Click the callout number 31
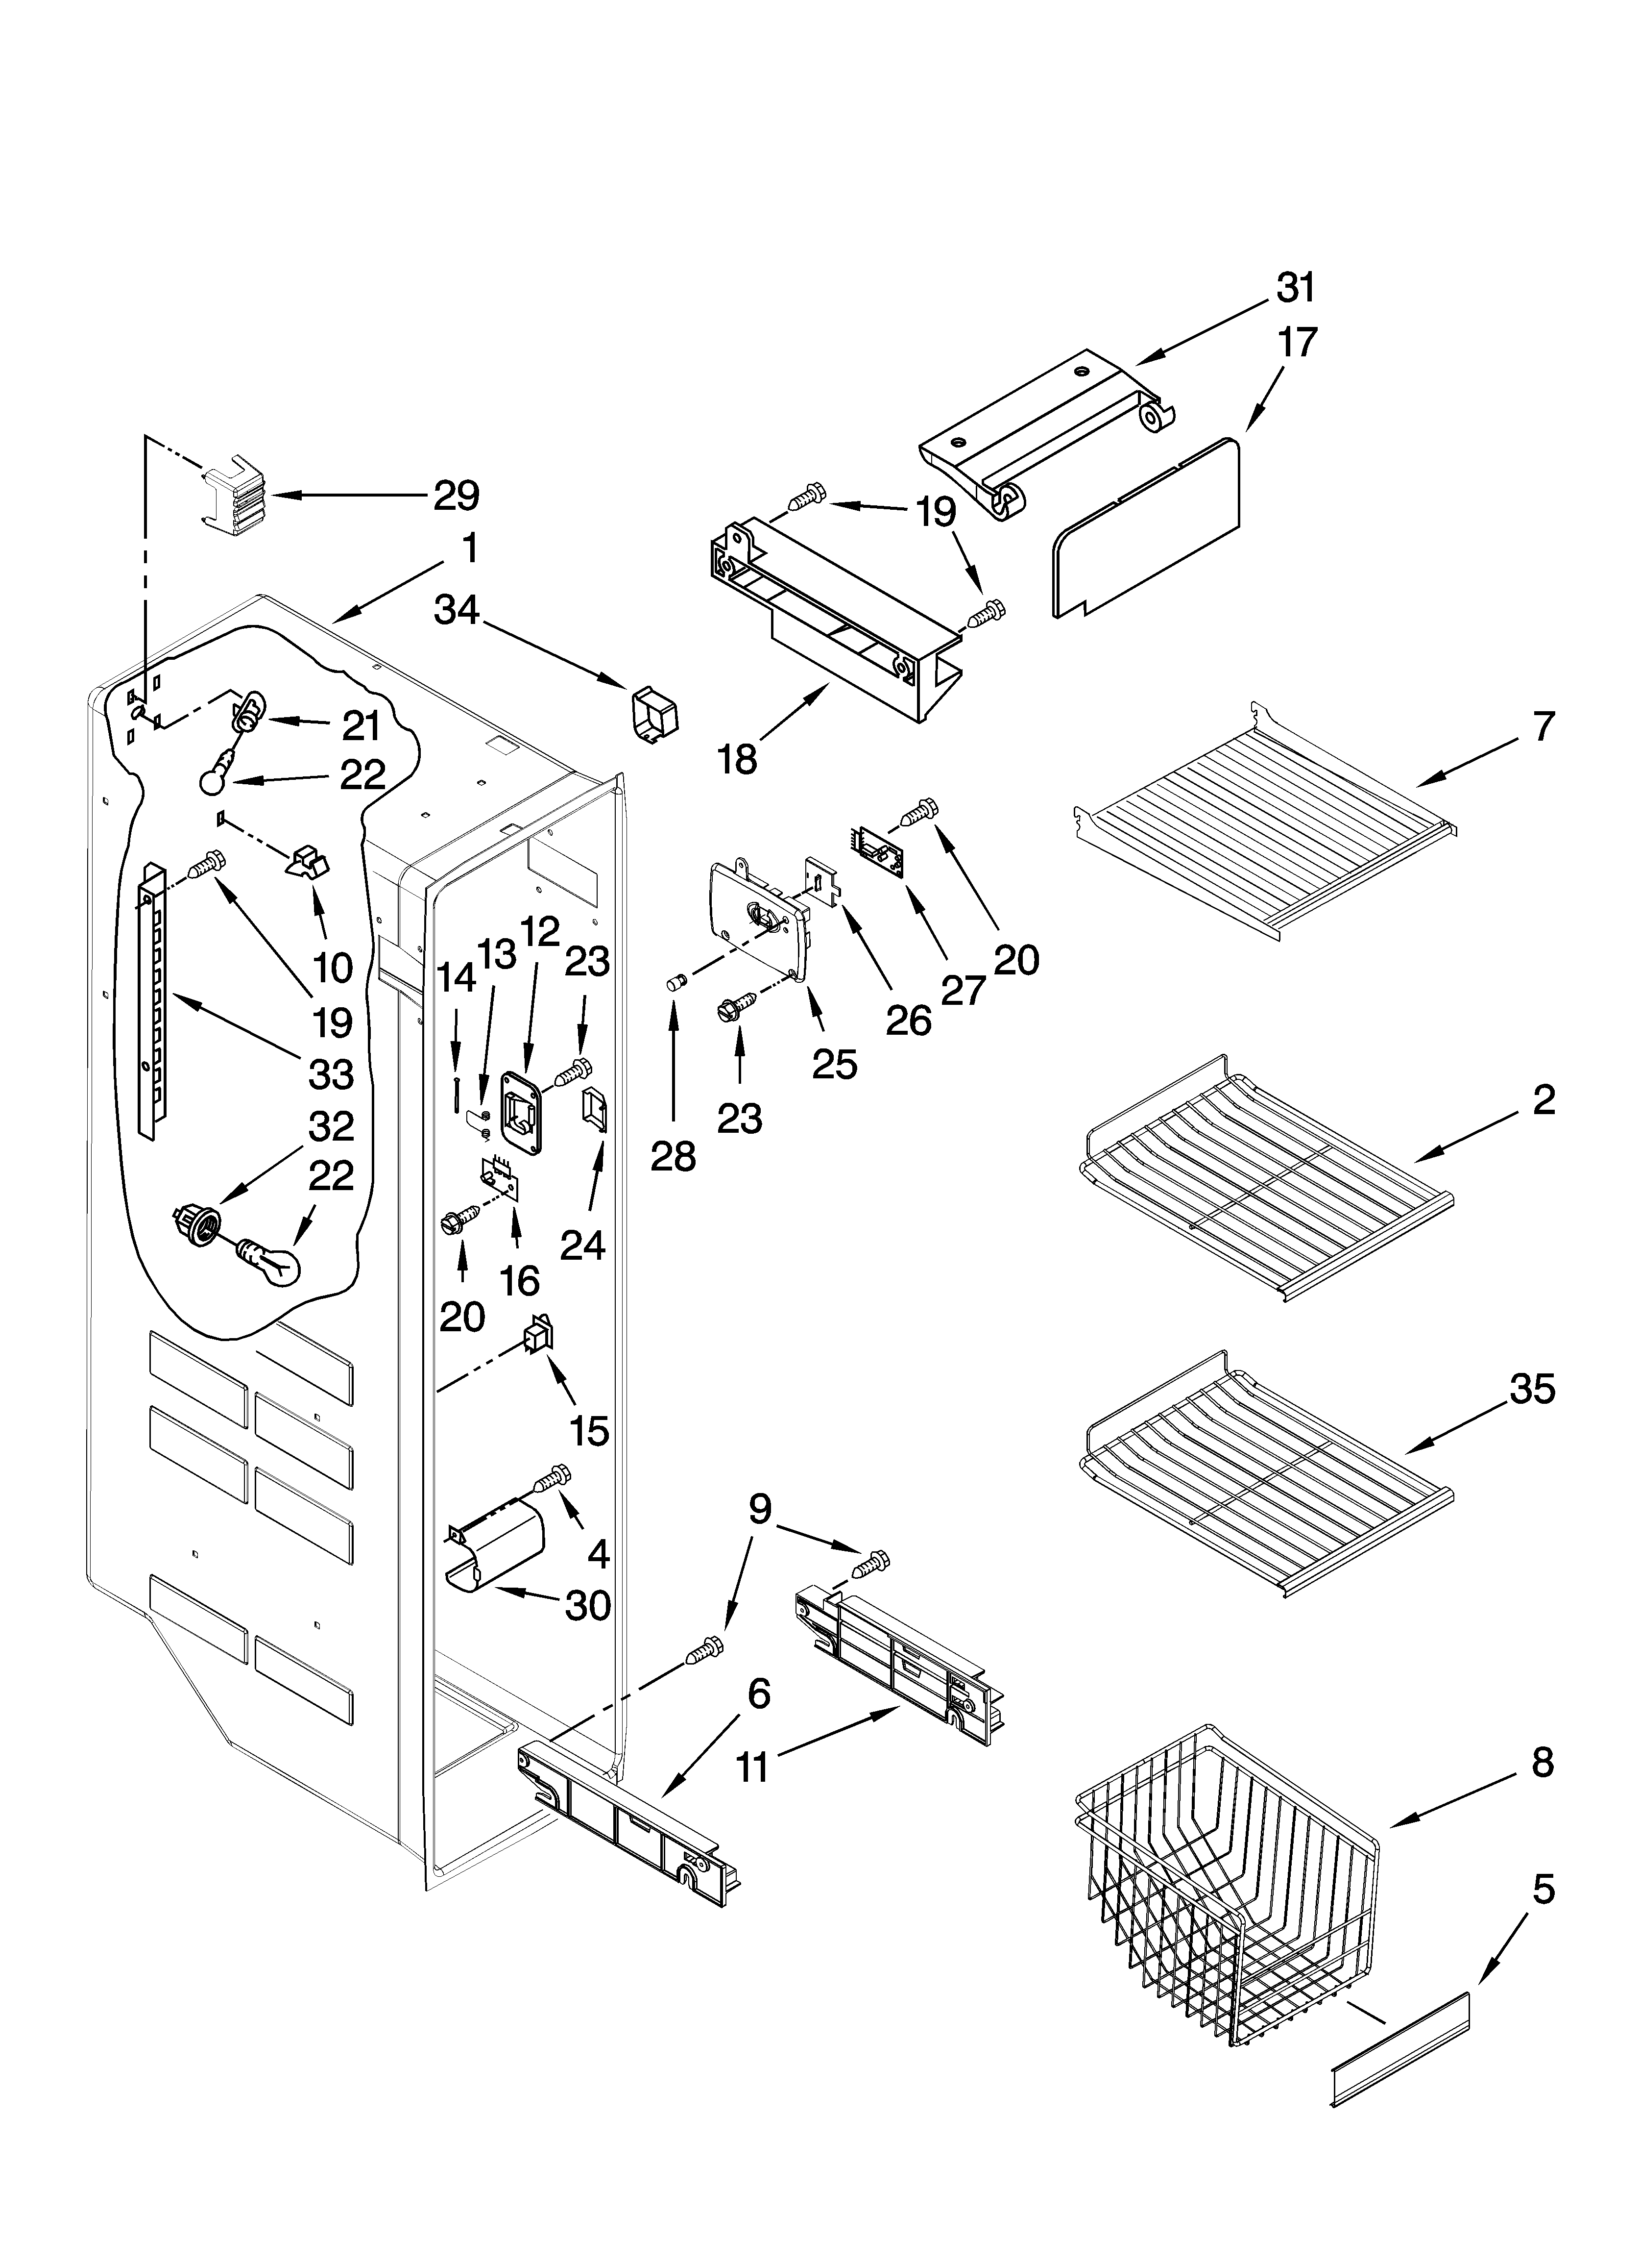1296,288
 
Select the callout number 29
456,496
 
